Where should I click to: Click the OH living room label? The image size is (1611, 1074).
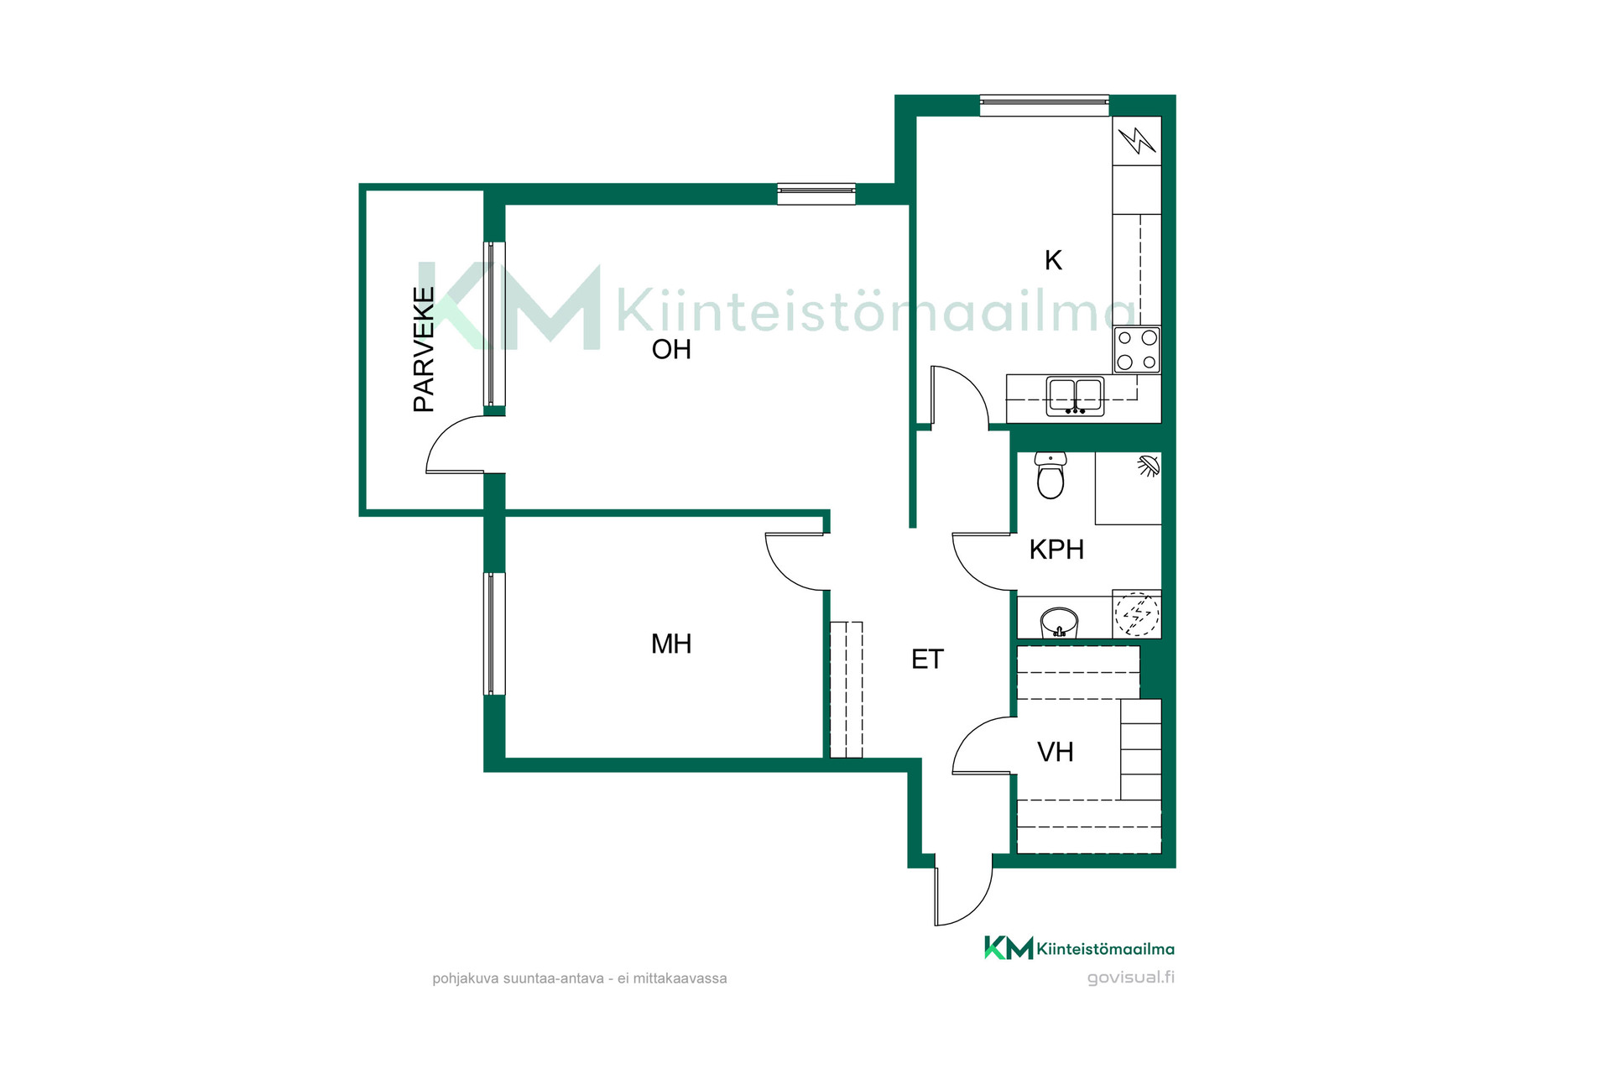coord(671,349)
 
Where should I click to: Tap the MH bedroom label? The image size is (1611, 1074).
coord(671,644)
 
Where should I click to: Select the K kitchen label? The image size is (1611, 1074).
coord(1053,260)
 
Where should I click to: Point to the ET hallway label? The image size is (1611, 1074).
coord(927,660)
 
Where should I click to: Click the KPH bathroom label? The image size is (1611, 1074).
coord(1056,550)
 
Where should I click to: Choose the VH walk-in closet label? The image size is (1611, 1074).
coord(1056,752)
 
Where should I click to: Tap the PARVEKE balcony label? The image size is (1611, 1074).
coord(425,349)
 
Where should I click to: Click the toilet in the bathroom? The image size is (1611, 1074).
coord(1051,475)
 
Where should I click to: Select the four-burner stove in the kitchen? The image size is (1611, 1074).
coord(1137,350)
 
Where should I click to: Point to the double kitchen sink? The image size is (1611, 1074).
coord(1075,397)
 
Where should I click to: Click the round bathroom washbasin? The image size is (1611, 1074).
coord(1059,623)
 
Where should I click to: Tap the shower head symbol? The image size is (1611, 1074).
coord(1148,467)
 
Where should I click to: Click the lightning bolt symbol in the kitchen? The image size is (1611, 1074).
coord(1137,140)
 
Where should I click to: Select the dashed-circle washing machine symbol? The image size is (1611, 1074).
coord(1137,614)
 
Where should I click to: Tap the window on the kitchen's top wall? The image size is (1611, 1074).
coord(1045,105)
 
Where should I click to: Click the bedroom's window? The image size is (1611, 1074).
coord(494,633)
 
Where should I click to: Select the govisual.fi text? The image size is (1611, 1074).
coord(1130,978)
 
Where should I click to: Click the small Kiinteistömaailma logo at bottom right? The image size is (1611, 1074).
coord(1079,948)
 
